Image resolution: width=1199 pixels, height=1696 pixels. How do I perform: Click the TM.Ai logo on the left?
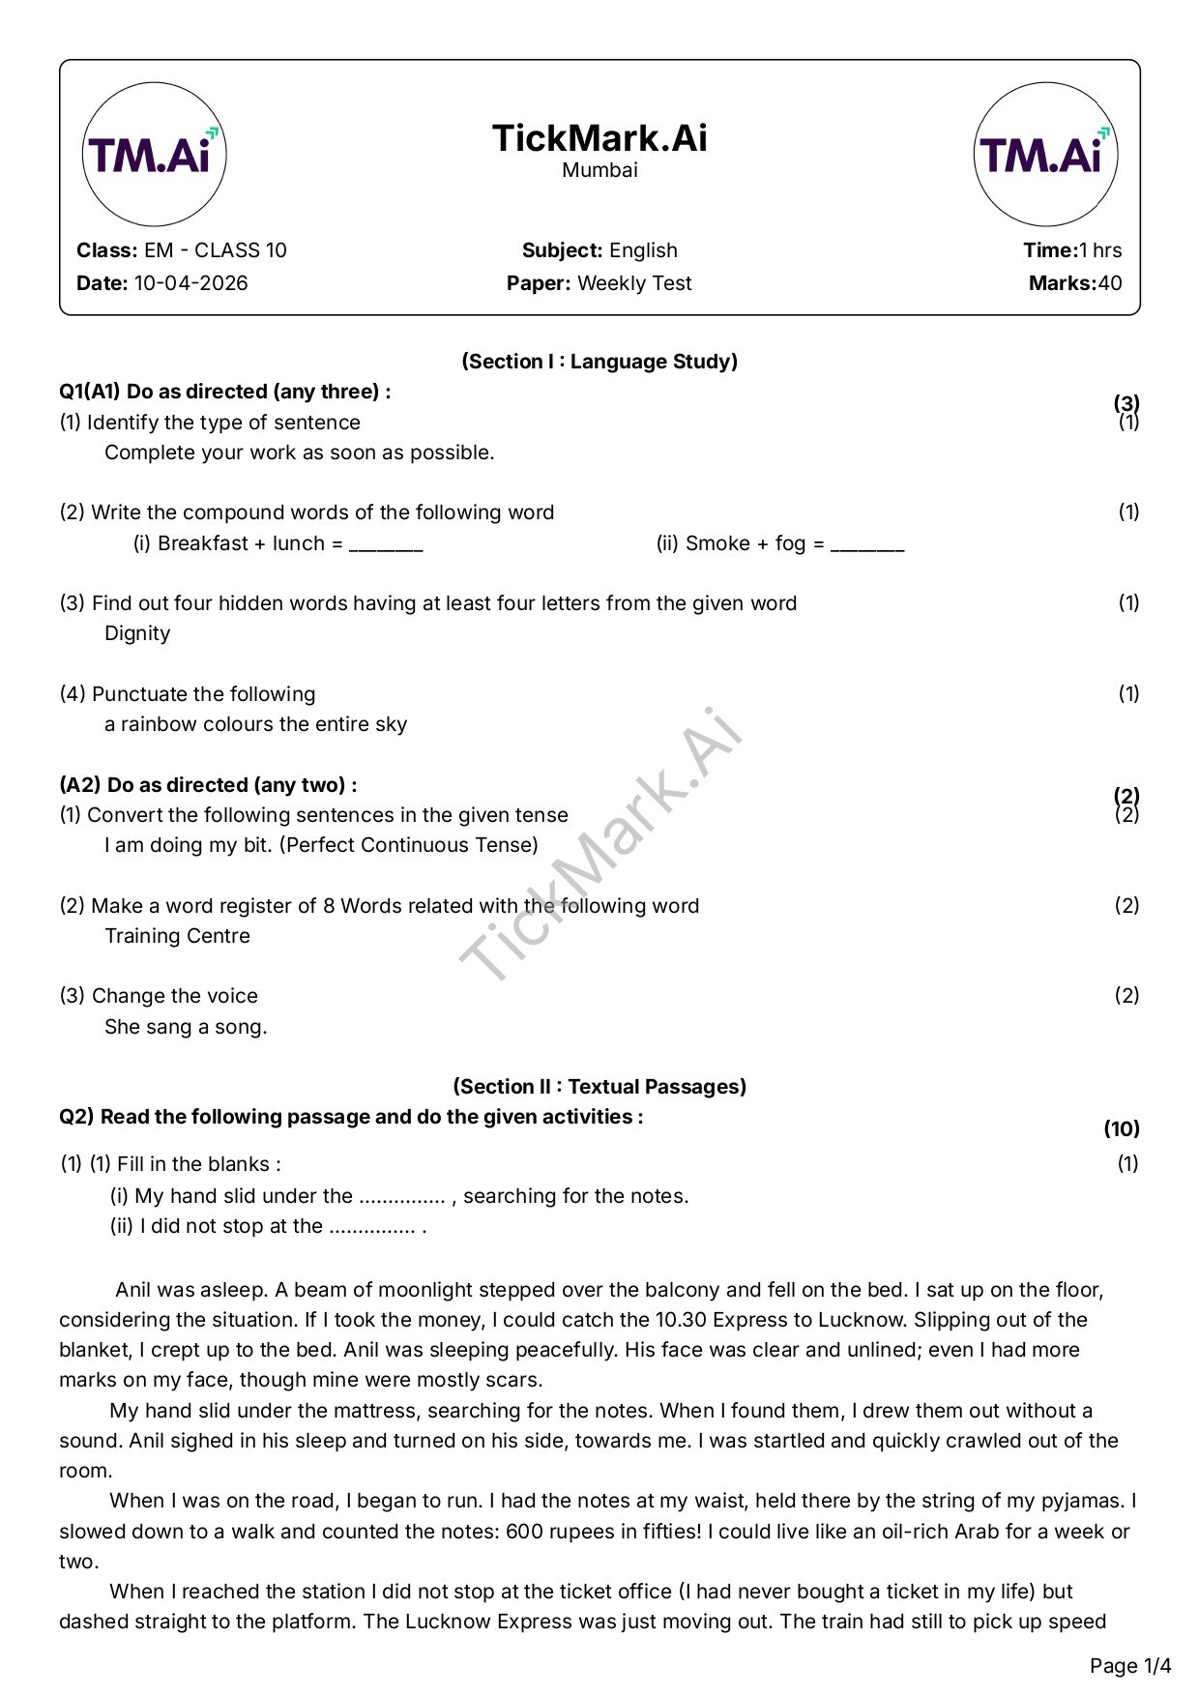coord(154,155)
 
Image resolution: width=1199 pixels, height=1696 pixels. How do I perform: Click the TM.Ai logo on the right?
coord(1045,155)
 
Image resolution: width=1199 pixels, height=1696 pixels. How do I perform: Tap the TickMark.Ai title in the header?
coord(599,138)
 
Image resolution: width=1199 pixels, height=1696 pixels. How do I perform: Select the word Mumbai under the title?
coord(599,170)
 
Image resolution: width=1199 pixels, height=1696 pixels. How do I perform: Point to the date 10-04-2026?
coord(190,283)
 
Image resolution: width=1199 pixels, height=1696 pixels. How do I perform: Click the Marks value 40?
coord(1110,283)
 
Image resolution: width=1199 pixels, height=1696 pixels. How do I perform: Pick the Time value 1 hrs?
coord(1100,250)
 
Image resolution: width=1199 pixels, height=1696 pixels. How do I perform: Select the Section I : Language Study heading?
coord(599,362)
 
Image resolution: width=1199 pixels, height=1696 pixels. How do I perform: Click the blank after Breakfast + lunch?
coord(386,545)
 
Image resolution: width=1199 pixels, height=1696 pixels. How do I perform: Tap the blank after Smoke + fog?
coord(867,545)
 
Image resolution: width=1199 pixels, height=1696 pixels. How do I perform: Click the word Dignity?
coord(137,633)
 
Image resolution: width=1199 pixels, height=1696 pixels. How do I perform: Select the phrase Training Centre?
coord(177,936)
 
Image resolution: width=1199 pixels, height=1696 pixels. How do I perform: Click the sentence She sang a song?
coord(186,1027)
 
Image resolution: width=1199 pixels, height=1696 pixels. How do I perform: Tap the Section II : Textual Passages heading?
coord(599,1087)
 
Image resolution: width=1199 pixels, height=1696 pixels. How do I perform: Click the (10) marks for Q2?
coord(1122,1129)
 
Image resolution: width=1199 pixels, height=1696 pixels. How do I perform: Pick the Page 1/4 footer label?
coord(1130,1666)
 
